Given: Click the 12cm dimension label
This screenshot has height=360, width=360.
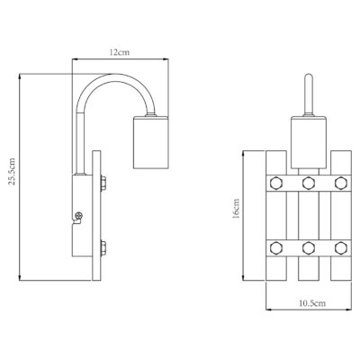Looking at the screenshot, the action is (120, 52).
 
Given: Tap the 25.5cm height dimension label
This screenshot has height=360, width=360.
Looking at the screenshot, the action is (13, 171).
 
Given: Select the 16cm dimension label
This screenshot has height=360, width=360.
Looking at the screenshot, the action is (236, 208).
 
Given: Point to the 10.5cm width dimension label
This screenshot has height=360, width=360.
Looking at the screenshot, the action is (312, 303).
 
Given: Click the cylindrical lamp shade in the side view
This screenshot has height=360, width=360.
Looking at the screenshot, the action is (151, 142).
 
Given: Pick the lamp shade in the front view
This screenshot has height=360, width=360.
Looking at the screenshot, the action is (309, 142).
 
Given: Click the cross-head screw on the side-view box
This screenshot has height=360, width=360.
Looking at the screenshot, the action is (78, 215).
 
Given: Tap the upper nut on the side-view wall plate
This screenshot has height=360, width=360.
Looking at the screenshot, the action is (103, 183).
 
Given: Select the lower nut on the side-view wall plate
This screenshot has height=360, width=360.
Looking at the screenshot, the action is (103, 247).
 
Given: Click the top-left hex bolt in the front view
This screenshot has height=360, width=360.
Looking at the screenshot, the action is (275, 183).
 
